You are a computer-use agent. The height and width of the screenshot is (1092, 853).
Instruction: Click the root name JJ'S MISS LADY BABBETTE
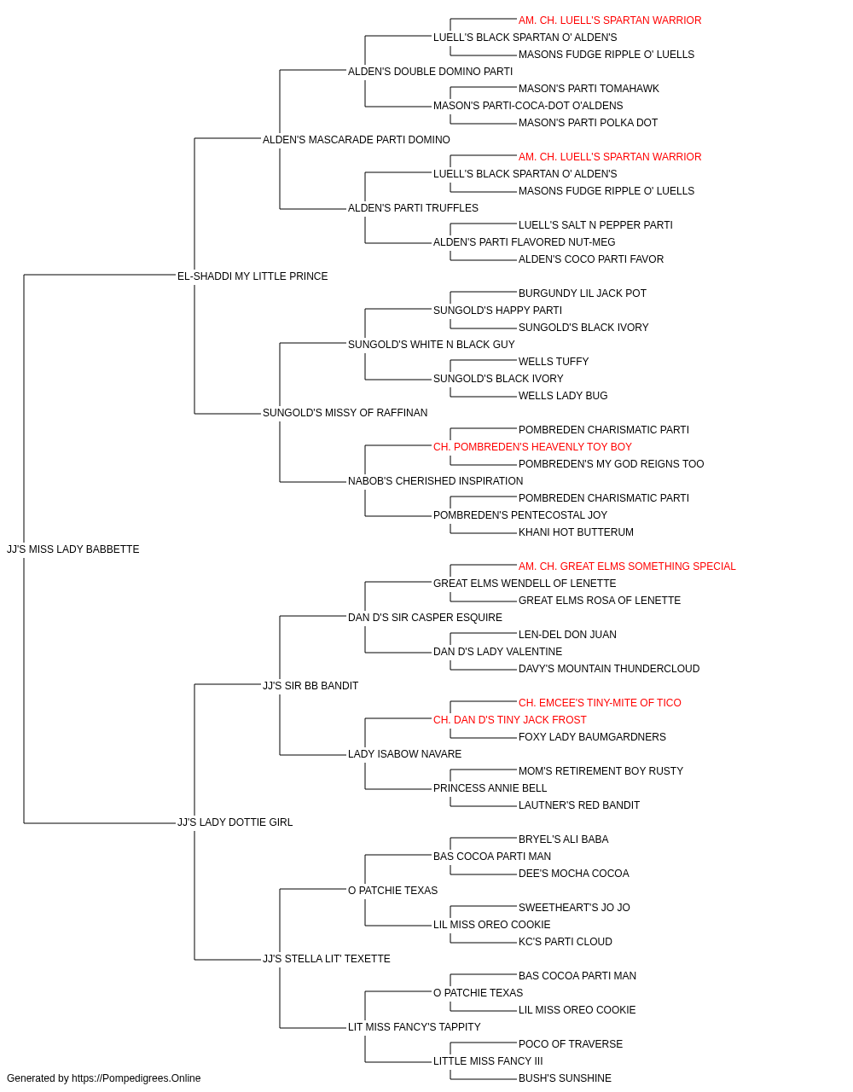pyautogui.click(x=73, y=549)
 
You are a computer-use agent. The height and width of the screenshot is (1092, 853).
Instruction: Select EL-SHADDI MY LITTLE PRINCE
pyautogui.click(x=252, y=276)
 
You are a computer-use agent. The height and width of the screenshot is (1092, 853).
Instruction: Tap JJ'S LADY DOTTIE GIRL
pyautogui.click(x=235, y=822)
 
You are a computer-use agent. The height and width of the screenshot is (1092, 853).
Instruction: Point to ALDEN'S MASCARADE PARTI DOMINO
pyautogui.click(x=357, y=140)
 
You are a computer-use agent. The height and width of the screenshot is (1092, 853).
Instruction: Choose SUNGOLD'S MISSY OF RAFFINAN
pyautogui.click(x=345, y=413)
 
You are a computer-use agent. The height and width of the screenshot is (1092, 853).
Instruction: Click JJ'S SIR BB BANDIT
pyautogui.click(x=310, y=685)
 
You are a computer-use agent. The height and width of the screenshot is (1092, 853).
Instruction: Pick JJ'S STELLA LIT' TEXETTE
pyautogui.click(x=327, y=959)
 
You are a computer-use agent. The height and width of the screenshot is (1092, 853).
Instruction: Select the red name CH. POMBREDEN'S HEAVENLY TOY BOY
pyautogui.click(x=532, y=447)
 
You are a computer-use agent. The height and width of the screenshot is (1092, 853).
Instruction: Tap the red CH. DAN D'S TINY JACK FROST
pyautogui.click(x=510, y=720)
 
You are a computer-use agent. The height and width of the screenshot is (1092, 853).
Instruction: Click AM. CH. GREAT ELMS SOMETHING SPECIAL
pyautogui.click(x=627, y=566)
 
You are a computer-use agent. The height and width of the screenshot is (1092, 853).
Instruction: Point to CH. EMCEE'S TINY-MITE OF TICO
pyautogui.click(x=600, y=702)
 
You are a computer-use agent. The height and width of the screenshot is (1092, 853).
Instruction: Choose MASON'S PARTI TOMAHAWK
pyautogui.click(x=589, y=89)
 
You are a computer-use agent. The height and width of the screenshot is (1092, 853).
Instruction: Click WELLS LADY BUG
pyautogui.click(x=563, y=396)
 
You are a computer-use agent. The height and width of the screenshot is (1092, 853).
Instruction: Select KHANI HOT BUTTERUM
pyautogui.click(x=577, y=532)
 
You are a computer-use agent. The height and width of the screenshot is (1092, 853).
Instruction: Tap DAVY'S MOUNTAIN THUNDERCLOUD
pyautogui.click(x=609, y=668)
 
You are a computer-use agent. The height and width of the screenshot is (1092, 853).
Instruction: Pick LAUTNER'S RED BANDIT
pyautogui.click(x=579, y=805)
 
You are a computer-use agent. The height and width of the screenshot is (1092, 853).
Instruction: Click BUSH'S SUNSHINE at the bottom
pyautogui.click(x=566, y=1078)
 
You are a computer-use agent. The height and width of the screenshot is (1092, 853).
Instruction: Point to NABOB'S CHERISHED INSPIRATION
pyautogui.click(x=436, y=481)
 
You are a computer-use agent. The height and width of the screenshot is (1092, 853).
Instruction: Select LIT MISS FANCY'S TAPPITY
pyautogui.click(x=415, y=1026)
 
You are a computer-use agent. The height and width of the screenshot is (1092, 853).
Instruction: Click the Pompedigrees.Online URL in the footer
pyautogui.click(x=136, y=1078)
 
